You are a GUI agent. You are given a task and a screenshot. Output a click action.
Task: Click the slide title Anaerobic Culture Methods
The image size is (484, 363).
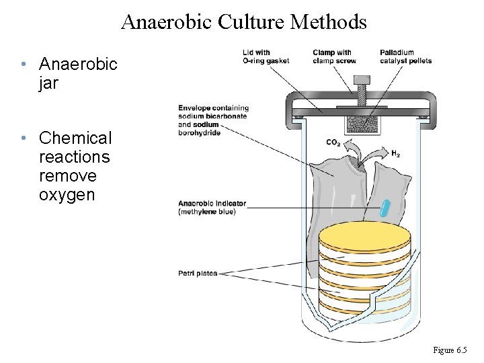pyautogui.click(x=244, y=22)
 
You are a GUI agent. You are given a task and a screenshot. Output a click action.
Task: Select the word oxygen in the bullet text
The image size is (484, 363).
pyautogui.click(x=67, y=195)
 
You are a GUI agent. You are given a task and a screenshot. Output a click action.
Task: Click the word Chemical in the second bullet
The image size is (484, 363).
pyautogui.click(x=75, y=138)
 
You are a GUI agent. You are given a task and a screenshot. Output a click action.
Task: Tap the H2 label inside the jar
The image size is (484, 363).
pyautogui.click(x=395, y=155)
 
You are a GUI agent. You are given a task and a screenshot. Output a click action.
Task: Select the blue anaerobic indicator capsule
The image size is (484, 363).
pyautogui.click(x=384, y=208)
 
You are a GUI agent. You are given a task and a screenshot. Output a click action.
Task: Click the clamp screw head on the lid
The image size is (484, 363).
pyautogui.click(x=364, y=81)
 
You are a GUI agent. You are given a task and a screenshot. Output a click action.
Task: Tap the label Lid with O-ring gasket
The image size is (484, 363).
pyautogui.click(x=266, y=56)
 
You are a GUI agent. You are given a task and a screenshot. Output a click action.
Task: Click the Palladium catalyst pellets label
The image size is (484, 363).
pyautogui.click(x=405, y=56)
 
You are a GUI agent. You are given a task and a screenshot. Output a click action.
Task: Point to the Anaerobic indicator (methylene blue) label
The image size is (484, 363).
pyautogui.click(x=212, y=207)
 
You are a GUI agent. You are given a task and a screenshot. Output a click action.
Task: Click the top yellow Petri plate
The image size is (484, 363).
pyautogui.click(x=364, y=236)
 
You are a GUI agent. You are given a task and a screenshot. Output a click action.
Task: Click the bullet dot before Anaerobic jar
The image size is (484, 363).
pyautogui.click(x=23, y=65)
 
